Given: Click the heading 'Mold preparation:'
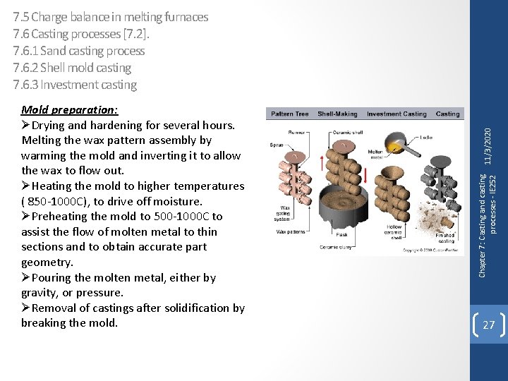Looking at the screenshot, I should pos(69,110).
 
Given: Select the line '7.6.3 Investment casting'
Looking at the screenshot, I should pos(75,85).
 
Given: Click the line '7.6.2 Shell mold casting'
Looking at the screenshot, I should pos(72,68).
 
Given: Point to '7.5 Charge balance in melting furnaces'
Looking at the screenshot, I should pos(111,16).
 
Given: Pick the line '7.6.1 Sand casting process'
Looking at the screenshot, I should pos(79,51).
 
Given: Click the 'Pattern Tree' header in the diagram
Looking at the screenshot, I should pos(290,114).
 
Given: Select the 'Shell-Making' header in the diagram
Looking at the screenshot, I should pos(337,114).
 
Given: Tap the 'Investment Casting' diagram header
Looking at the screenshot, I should pos(397,114).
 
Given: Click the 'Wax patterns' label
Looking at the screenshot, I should pos(291,231).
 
